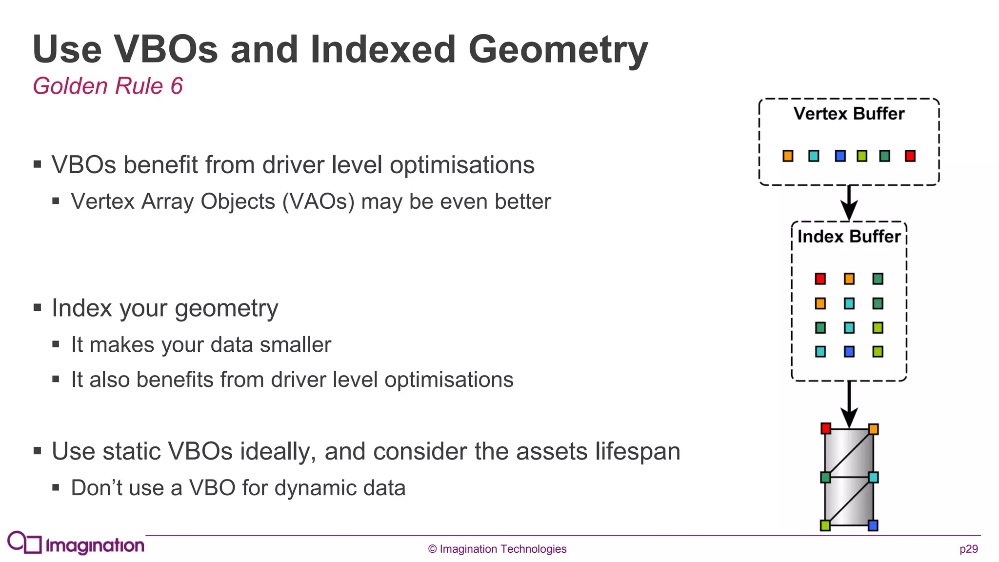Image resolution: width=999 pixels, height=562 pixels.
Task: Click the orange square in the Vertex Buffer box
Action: pos(788,156)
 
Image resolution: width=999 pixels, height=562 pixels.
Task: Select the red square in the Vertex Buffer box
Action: pos(910,156)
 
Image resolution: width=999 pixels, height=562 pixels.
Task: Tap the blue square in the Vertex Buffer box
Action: pos(840,156)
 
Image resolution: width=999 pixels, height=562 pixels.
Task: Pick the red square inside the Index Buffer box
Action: pos(820,279)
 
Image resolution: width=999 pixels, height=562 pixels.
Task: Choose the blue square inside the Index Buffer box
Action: pos(849,351)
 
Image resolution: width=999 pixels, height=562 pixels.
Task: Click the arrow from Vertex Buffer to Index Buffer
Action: pos(849,202)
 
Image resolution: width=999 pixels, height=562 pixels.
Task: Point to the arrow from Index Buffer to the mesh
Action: pos(849,404)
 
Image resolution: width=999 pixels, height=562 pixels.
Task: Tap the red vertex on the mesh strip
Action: pos(825,428)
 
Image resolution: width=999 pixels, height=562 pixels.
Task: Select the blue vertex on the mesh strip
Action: pos(873,525)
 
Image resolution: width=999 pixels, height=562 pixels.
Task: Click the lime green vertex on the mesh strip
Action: pos(825,525)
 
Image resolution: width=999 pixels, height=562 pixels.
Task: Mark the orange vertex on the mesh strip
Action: pos(873,429)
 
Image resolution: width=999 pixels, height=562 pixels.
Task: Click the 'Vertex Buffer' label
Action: pos(849,114)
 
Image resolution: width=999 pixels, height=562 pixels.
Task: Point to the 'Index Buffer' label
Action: pos(849,237)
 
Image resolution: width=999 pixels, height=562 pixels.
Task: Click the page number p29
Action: pos(968,549)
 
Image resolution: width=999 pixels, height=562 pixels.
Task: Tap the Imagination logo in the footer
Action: pos(76,543)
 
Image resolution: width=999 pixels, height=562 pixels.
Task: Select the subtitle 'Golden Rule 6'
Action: pos(107,86)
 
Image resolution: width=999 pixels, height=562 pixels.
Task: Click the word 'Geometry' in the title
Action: pos(558,50)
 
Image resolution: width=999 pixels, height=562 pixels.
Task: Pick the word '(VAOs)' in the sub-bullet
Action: pos(318,201)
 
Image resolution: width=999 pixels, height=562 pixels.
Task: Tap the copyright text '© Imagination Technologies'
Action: pos(497,549)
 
